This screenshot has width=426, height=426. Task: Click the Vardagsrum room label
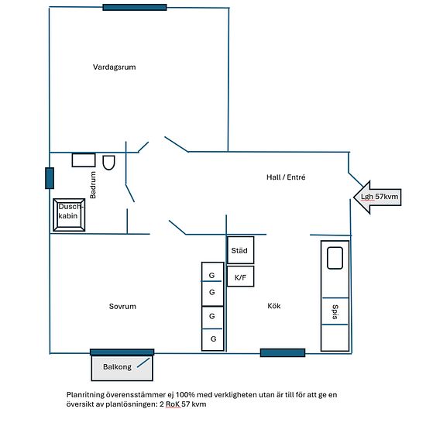pos(115,67)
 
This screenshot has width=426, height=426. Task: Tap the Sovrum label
pos(122,307)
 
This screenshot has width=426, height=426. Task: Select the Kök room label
pos(274,306)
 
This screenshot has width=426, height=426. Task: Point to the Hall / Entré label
pos(286,177)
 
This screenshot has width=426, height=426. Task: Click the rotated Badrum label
pos(93,185)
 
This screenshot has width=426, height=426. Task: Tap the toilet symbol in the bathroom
pos(108,163)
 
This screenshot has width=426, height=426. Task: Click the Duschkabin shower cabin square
pos(69,215)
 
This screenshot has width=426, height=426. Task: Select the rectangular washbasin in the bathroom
pos(84,160)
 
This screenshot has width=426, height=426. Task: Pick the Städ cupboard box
pos(240,250)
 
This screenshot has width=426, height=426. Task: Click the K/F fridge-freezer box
pos(240,277)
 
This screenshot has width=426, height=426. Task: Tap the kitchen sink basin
pos(335,258)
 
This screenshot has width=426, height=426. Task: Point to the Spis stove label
pos(335,312)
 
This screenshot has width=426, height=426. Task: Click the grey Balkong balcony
pos(122,368)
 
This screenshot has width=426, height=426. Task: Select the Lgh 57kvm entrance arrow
pos(377,197)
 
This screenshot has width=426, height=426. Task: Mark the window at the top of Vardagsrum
pos(135,7)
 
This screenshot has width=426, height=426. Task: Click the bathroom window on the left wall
pos(50,178)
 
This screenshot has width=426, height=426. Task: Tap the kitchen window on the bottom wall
pos(283,352)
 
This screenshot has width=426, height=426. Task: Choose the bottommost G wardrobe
pos(213,339)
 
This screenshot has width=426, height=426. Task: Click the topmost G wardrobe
pos(212,272)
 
